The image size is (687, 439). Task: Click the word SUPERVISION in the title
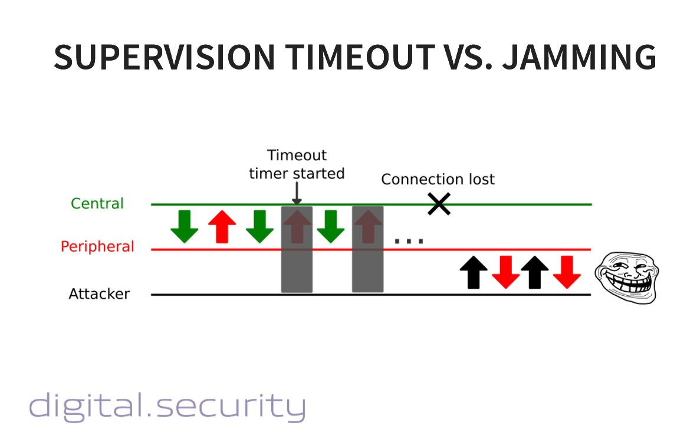pyautogui.click(x=165, y=57)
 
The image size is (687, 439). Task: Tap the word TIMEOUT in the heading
pyautogui.click(x=360, y=57)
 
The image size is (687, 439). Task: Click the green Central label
pyautogui.click(x=97, y=203)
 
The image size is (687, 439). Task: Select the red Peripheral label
pyautogui.click(x=97, y=246)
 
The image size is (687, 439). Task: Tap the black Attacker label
pyautogui.click(x=99, y=293)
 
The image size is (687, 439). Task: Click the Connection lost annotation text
pyautogui.click(x=438, y=179)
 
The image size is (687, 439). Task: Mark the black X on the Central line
pyautogui.click(x=439, y=204)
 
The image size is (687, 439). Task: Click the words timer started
pyautogui.click(x=297, y=173)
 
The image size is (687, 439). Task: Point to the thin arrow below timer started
pyautogui.click(x=297, y=193)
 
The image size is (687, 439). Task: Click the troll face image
pyautogui.click(x=627, y=278)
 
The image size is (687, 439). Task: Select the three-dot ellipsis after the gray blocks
pyautogui.click(x=409, y=241)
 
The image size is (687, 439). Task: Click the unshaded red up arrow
pyautogui.click(x=222, y=227)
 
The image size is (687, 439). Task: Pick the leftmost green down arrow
pyautogui.click(x=185, y=227)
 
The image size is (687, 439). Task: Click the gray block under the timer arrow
pyautogui.click(x=297, y=249)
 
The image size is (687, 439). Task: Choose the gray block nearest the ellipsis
pyautogui.click(x=367, y=249)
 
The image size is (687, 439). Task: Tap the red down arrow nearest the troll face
pyautogui.click(x=567, y=272)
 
